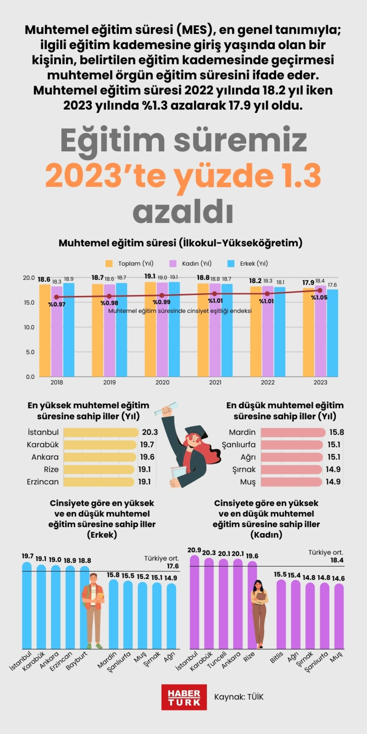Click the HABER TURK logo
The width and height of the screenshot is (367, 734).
[184, 697]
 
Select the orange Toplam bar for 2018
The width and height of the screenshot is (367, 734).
[45, 331]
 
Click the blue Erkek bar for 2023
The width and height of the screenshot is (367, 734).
[332, 333]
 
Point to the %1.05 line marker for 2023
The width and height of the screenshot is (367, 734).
[320, 290]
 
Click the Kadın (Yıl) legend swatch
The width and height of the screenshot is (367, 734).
[173, 263]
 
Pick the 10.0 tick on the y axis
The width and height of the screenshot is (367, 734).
[29, 327]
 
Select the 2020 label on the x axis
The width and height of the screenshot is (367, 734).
[162, 382]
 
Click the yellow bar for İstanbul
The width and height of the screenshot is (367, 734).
[101, 432]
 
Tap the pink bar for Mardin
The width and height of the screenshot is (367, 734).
[293, 432]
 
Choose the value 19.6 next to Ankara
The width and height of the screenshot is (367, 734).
[147, 457]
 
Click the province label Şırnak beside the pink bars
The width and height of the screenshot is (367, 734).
[244, 469]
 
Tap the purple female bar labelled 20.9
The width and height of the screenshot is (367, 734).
[195, 602]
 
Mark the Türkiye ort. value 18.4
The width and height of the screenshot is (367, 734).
[337, 560]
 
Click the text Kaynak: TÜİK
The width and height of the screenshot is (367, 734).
[239, 697]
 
